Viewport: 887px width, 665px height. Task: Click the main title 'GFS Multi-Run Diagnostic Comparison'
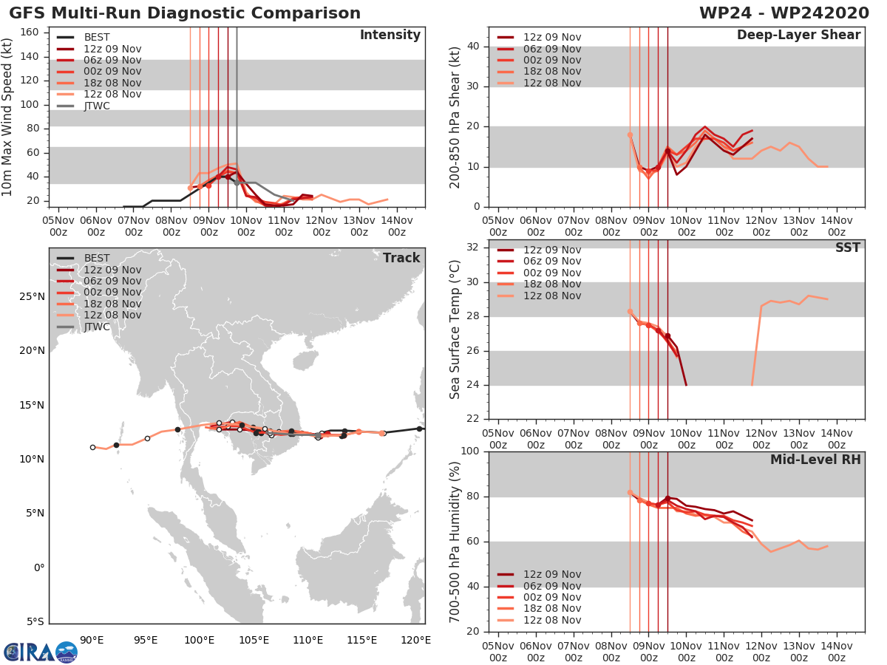[x=185, y=13]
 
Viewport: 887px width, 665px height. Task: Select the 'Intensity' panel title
[x=390, y=35]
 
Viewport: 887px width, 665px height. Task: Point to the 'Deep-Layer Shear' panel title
[x=798, y=35]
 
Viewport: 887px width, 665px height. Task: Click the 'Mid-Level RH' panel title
[x=815, y=460]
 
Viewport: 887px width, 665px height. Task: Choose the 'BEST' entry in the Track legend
[x=97, y=258]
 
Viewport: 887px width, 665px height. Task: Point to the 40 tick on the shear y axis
[x=475, y=47]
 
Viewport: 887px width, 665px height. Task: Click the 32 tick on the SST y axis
[x=475, y=248]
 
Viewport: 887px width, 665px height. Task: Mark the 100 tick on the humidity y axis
[x=472, y=451]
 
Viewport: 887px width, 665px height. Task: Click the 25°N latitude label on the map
[x=32, y=297]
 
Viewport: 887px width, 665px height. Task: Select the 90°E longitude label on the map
[x=92, y=640]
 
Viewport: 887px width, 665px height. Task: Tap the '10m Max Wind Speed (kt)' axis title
[x=8, y=117]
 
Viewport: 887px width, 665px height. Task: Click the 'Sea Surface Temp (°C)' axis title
[x=455, y=329]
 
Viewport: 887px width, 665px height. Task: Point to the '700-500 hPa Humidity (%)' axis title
[x=455, y=541]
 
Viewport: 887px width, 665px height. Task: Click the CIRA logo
[x=40, y=652]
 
